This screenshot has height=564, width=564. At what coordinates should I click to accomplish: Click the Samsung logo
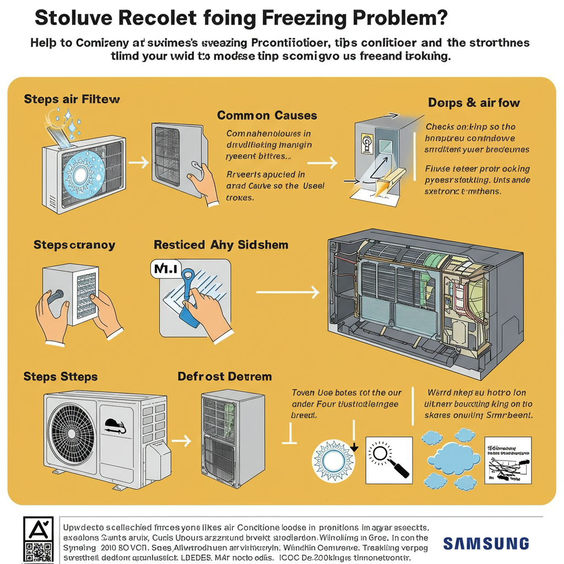coord(486,544)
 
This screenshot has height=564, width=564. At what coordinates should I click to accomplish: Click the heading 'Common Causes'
coord(267,116)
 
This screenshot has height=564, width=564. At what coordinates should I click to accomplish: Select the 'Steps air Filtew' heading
coord(72,100)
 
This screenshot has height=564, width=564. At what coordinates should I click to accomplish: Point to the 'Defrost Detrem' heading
coord(225,377)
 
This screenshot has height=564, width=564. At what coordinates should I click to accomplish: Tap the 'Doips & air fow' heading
coord(474,102)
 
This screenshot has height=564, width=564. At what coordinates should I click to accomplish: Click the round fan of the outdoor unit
coord(71,428)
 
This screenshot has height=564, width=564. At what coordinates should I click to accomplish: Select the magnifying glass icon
coord(388,459)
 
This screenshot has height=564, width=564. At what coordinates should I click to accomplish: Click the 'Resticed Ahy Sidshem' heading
coord(221,245)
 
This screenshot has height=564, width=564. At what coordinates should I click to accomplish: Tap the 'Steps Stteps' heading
coord(61,377)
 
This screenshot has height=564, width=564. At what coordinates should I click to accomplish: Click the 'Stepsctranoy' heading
coord(74,245)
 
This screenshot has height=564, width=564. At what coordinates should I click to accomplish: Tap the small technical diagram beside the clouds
coord(507,461)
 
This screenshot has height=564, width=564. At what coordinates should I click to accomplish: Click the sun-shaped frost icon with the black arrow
coord(333,459)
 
